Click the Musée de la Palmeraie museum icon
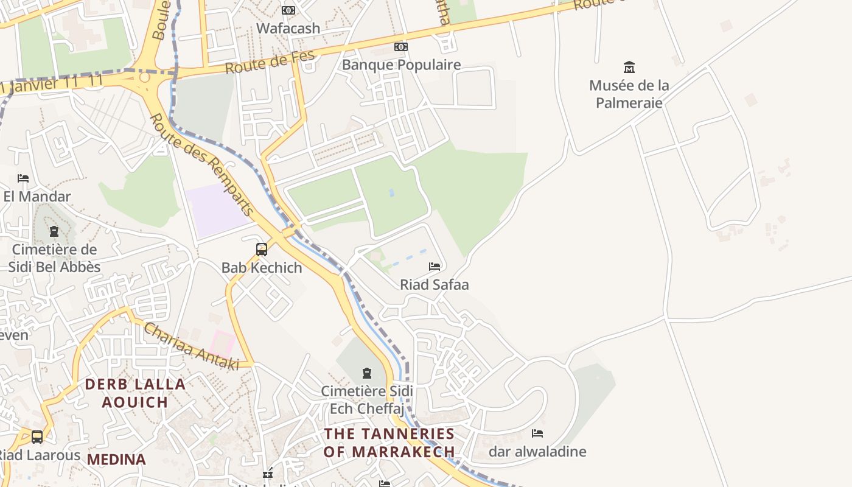(629, 67)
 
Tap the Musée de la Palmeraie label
(629, 94)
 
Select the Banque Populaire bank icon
(400, 47)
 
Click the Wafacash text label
(288, 28)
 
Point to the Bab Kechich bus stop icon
(262, 249)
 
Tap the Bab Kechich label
(262, 267)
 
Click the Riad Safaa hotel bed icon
(435, 267)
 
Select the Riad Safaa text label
(435, 284)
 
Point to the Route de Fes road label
(270, 61)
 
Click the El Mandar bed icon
(23, 178)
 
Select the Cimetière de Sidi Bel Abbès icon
(54, 231)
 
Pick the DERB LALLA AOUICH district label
(135, 393)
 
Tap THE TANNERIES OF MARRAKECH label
(389, 443)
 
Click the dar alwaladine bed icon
(537, 433)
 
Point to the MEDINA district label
(117, 460)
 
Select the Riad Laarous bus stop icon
(37, 436)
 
